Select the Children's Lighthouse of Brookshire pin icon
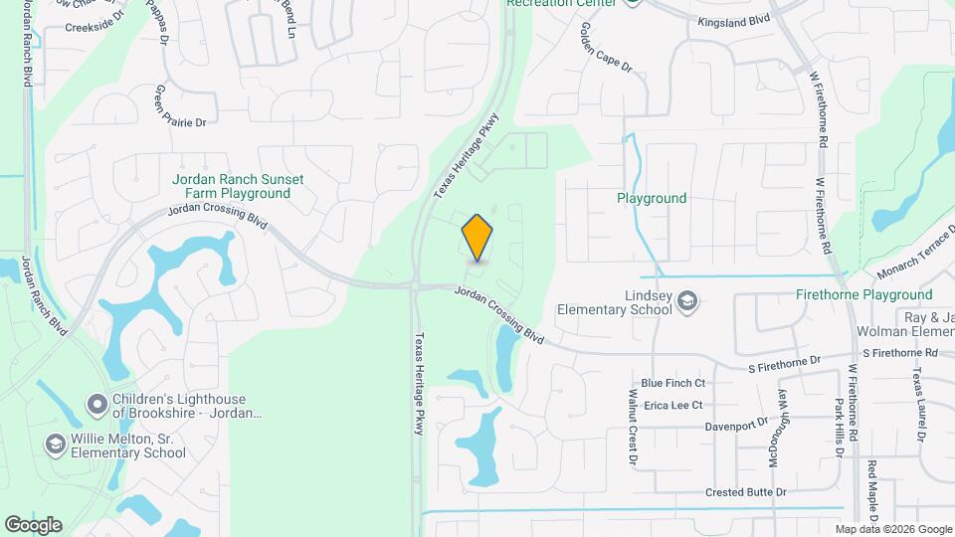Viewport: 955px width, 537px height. [96, 404]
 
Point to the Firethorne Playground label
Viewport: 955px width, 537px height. [864, 294]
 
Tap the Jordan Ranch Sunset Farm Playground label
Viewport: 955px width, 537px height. [239, 186]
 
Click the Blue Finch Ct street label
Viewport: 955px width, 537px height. [672, 383]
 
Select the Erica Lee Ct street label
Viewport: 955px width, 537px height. [672, 405]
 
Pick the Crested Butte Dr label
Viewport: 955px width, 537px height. [746, 492]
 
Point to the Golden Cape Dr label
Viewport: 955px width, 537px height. [605, 49]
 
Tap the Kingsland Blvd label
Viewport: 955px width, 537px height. [734, 20]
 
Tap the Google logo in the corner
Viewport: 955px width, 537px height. [33, 525]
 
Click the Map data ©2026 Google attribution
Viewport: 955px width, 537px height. [893, 529]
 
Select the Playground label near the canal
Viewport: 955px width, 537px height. [652, 198]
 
